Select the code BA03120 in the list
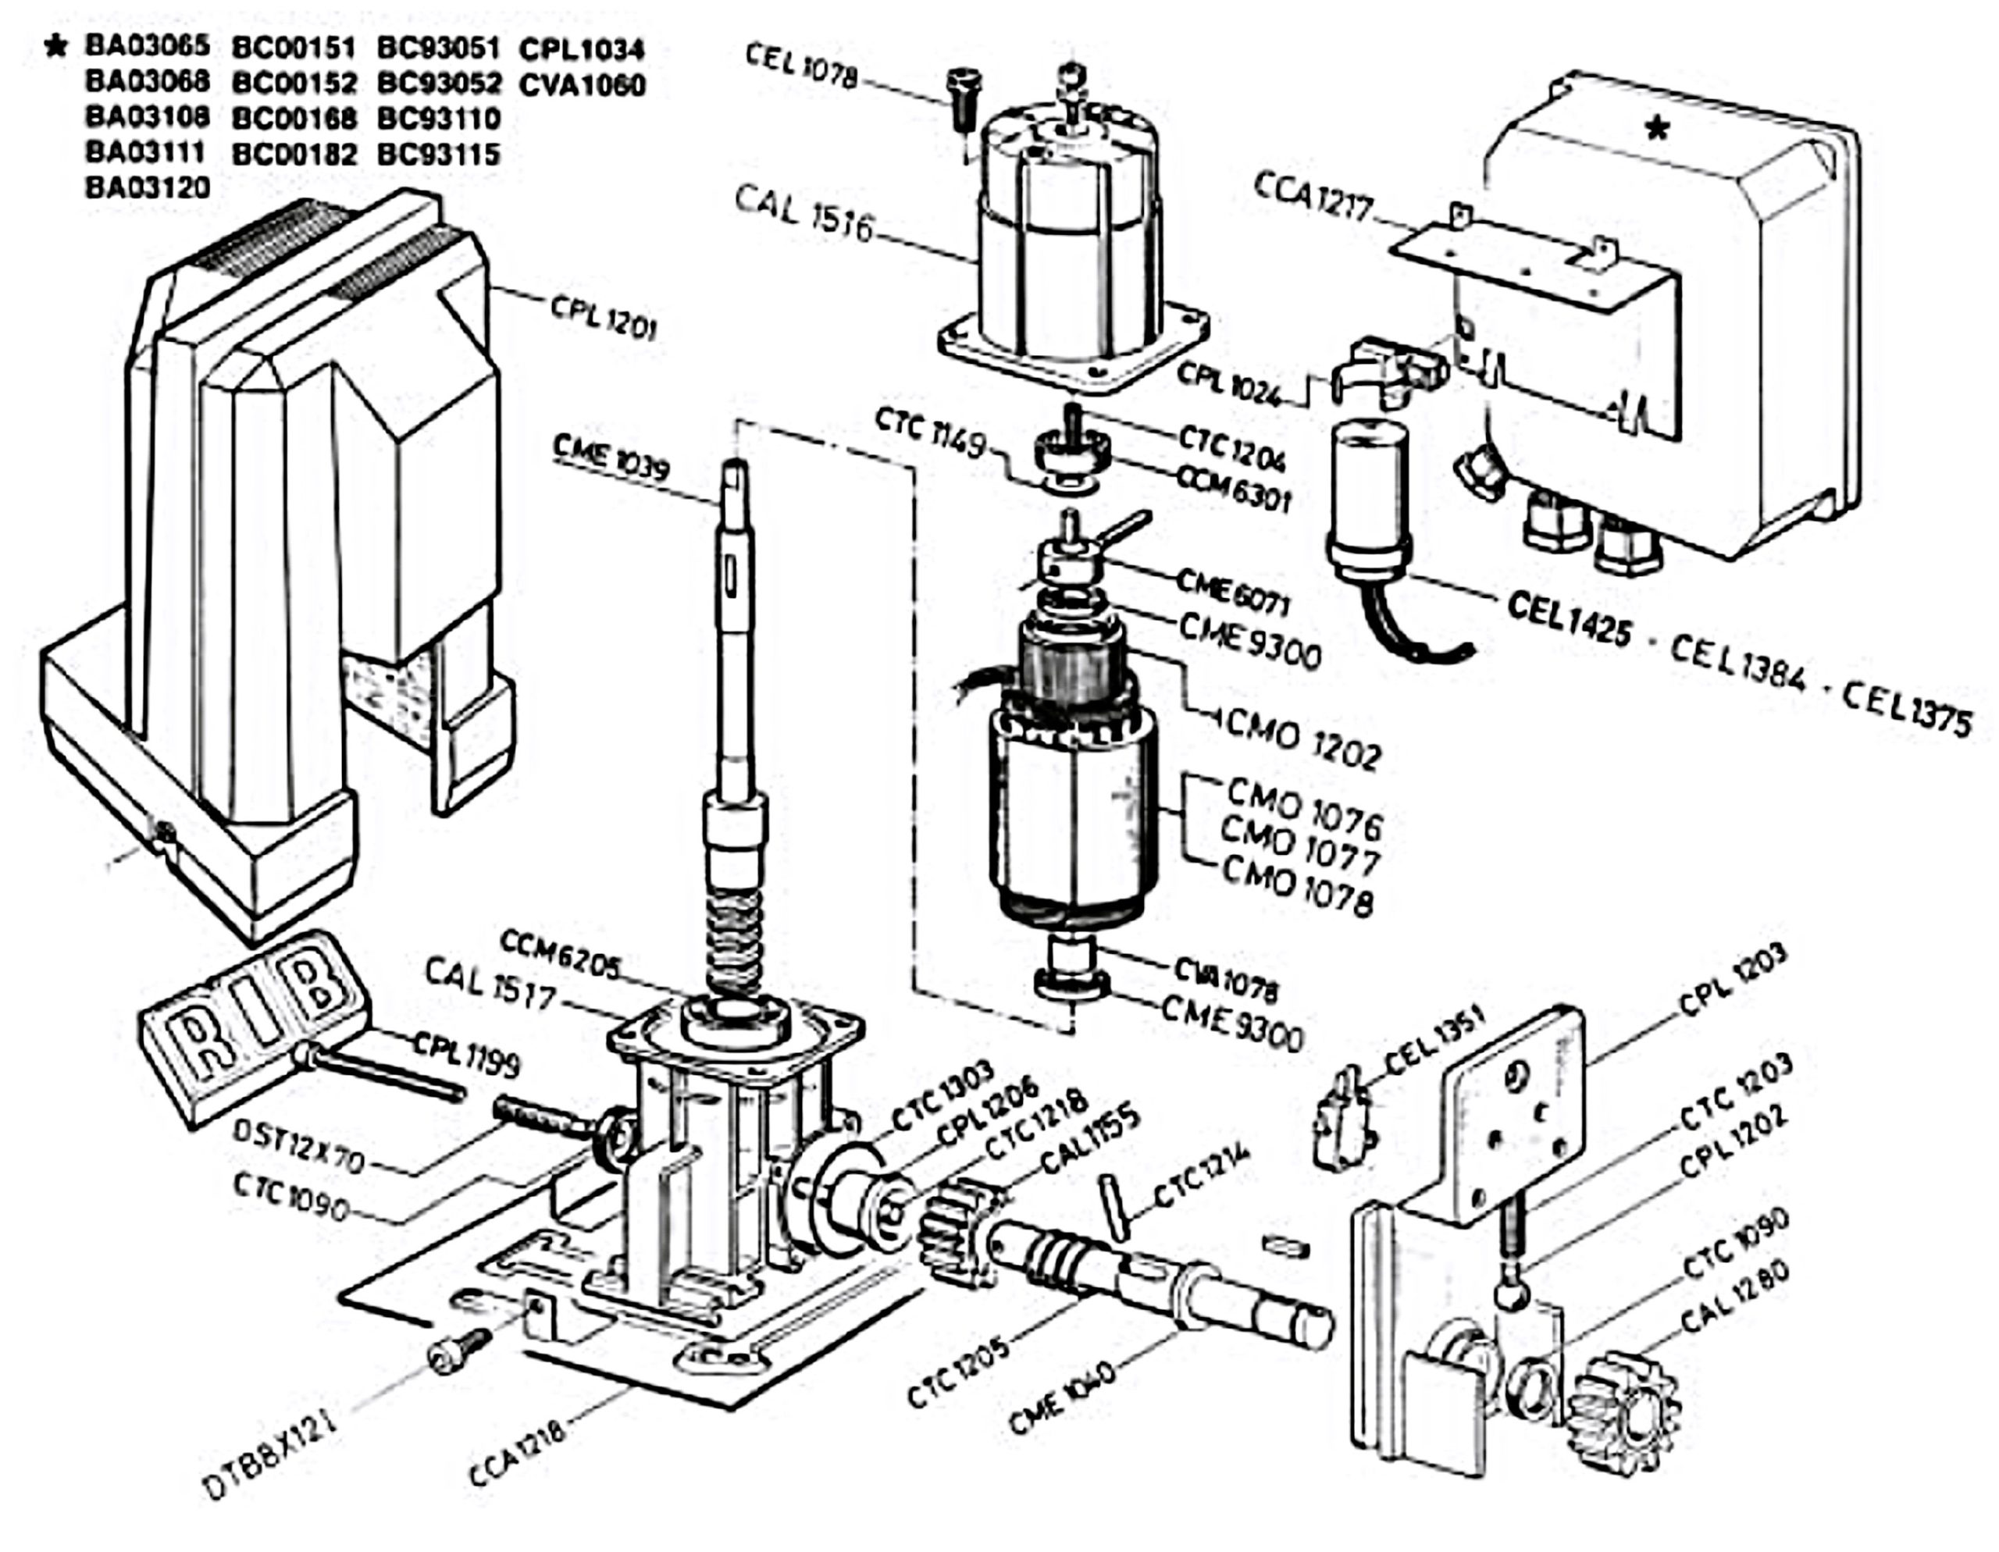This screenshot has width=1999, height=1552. pos(148,187)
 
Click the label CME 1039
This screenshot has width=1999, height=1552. pos(611,457)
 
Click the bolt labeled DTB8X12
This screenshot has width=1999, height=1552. pos(458,1351)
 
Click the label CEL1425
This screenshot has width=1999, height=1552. pos(1568,618)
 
